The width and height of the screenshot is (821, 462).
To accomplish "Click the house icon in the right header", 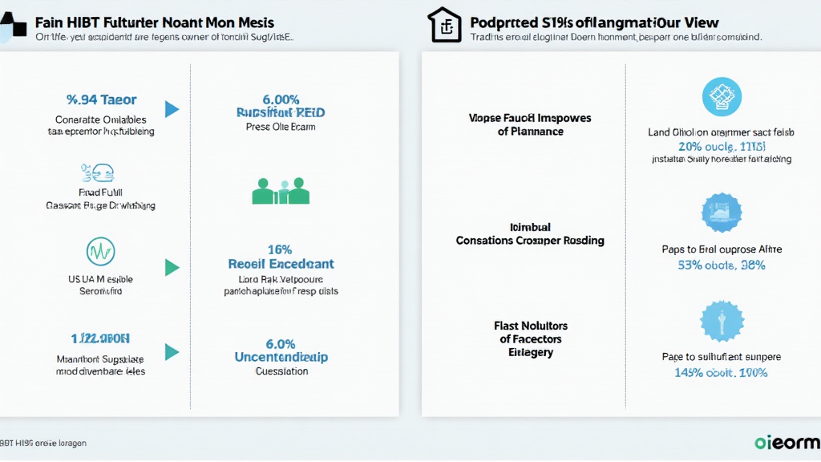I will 443,24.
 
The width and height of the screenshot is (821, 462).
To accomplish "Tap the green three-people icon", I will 281,191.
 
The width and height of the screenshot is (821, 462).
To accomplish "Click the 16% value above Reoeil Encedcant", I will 281,249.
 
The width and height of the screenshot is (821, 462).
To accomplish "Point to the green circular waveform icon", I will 100,251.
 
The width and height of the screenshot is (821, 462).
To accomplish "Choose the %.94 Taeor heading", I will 101,100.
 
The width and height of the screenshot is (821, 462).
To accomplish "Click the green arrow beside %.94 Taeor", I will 172,109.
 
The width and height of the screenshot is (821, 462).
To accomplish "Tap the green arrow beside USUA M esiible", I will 172,267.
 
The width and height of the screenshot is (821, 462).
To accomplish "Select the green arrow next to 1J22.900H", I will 172,351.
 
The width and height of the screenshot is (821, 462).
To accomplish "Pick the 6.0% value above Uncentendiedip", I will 281,343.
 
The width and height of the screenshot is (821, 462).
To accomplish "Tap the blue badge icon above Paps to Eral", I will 722,213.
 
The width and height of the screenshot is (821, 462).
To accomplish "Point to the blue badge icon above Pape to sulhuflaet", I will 722,322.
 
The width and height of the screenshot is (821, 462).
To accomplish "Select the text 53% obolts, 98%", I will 722,265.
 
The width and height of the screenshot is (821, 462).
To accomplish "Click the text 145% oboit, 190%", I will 722,372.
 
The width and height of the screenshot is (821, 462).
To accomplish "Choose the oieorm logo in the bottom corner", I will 787,443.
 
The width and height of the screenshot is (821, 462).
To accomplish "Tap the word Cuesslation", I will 281,371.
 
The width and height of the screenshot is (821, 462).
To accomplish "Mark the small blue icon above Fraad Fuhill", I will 97,171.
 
